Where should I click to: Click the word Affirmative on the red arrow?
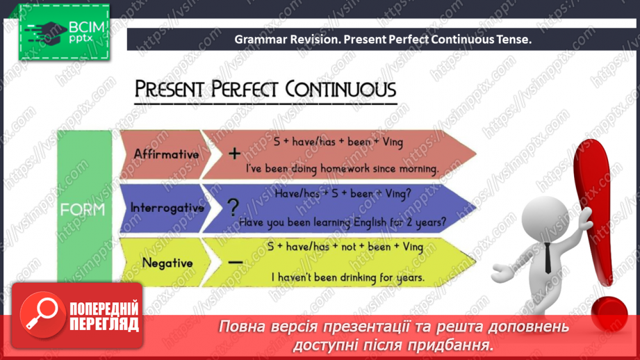(166, 154)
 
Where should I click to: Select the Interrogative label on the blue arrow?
(167, 208)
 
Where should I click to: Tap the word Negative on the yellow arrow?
(167, 263)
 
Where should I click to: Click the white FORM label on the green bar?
(83, 210)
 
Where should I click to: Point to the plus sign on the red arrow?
(234, 154)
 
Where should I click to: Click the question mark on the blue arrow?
(233, 207)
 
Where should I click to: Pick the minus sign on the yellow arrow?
(235, 263)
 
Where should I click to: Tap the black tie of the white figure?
(548, 258)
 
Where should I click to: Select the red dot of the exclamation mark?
(609, 313)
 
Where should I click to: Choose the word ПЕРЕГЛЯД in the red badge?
(104, 325)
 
